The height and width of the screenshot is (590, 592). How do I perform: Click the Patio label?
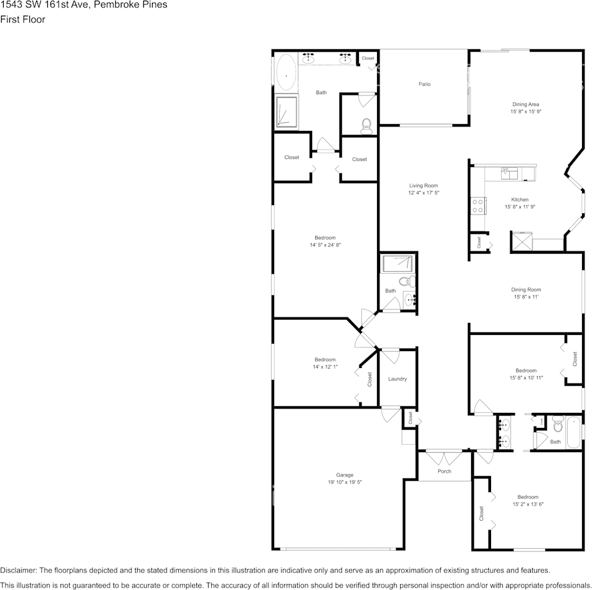pyautogui.click(x=424, y=84)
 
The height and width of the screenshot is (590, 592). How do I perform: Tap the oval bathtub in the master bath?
pyautogui.click(x=286, y=74)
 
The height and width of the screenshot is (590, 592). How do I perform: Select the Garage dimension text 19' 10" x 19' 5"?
pyautogui.click(x=345, y=482)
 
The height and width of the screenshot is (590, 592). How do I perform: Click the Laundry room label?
pyautogui.click(x=397, y=379)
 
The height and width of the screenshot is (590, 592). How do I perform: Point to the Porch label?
pyautogui.click(x=444, y=471)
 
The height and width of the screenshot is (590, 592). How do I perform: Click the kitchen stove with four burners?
pyautogui.click(x=478, y=206)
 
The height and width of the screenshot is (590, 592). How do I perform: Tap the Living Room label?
pyautogui.click(x=424, y=185)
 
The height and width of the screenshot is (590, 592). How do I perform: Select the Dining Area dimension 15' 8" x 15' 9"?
pyautogui.click(x=525, y=112)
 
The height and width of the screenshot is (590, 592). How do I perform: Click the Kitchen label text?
pyautogui.click(x=520, y=200)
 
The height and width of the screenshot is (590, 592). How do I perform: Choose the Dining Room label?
pyautogui.click(x=525, y=289)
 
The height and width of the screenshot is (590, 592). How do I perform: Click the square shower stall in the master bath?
pyautogui.click(x=287, y=112)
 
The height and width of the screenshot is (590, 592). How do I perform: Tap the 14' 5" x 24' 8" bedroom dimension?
pyautogui.click(x=325, y=245)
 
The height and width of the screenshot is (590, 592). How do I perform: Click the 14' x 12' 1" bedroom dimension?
pyautogui.click(x=325, y=367)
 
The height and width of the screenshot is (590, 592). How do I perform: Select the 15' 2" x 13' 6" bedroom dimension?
pyautogui.click(x=528, y=504)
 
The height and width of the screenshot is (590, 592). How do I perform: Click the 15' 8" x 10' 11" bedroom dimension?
pyautogui.click(x=525, y=378)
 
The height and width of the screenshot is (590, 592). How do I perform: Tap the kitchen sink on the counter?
pyautogui.click(x=509, y=173)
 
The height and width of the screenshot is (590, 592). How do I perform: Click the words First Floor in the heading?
pyautogui.click(x=22, y=19)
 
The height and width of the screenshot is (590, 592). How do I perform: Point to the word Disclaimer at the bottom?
pyautogui.click(x=18, y=570)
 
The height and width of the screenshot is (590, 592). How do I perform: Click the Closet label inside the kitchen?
pyautogui.click(x=479, y=242)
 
